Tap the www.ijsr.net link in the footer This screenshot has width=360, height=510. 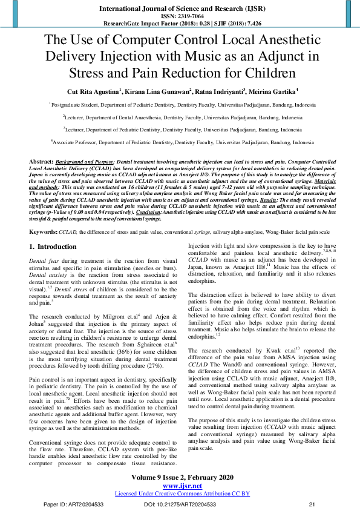pyautogui.click(x=182, y=486)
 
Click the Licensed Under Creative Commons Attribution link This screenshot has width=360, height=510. pyautogui.click(x=182, y=493)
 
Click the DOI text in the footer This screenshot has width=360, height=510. pyautogui.click(x=180, y=504)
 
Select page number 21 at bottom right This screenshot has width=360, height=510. pyautogui.click(x=312, y=504)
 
